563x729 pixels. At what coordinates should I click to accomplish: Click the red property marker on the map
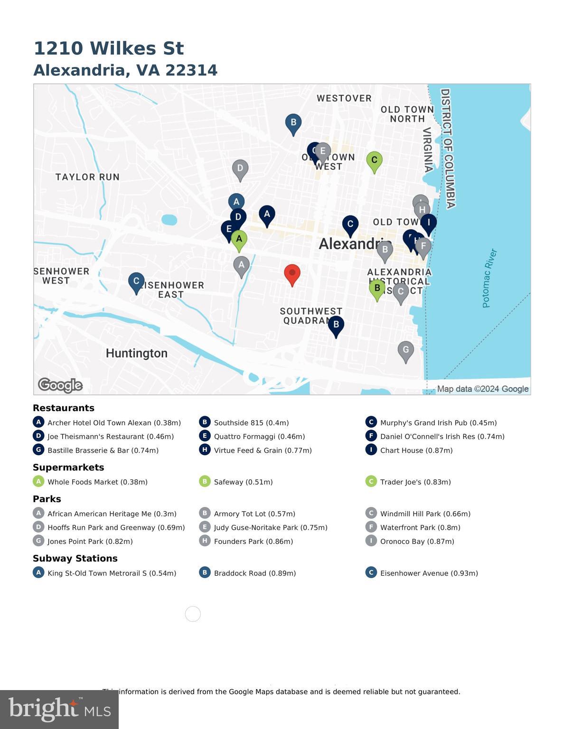click(292, 274)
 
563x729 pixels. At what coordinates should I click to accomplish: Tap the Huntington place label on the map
click(137, 353)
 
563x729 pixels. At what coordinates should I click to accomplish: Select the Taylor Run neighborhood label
click(87, 177)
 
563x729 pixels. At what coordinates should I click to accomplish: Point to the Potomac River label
click(489, 278)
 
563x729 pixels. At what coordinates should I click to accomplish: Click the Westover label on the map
click(344, 98)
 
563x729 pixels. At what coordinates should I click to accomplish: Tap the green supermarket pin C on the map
click(374, 160)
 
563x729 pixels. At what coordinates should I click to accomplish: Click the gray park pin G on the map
click(405, 350)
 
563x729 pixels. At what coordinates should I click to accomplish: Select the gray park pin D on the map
click(240, 168)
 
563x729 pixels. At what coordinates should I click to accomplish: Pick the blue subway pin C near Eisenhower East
click(136, 281)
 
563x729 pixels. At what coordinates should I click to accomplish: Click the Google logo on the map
click(60, 385)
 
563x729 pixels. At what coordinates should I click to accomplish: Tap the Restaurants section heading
click(64, 408)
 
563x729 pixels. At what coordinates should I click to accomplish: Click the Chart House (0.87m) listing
click(416, 450)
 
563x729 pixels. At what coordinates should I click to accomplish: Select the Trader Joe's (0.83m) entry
click(415, 482)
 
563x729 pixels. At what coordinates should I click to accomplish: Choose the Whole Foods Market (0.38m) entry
click(97, 482)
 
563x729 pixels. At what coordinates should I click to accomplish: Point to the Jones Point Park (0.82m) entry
click(90, 542)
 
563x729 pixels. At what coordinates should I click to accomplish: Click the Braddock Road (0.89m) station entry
click(254, 573)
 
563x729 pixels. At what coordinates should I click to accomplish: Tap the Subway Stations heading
click(75, 559)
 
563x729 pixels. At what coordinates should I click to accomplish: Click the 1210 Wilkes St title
click(109, 48)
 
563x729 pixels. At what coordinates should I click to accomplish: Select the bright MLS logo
click(59, 710)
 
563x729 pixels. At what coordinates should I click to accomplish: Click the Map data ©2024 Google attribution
click(482, 389)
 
